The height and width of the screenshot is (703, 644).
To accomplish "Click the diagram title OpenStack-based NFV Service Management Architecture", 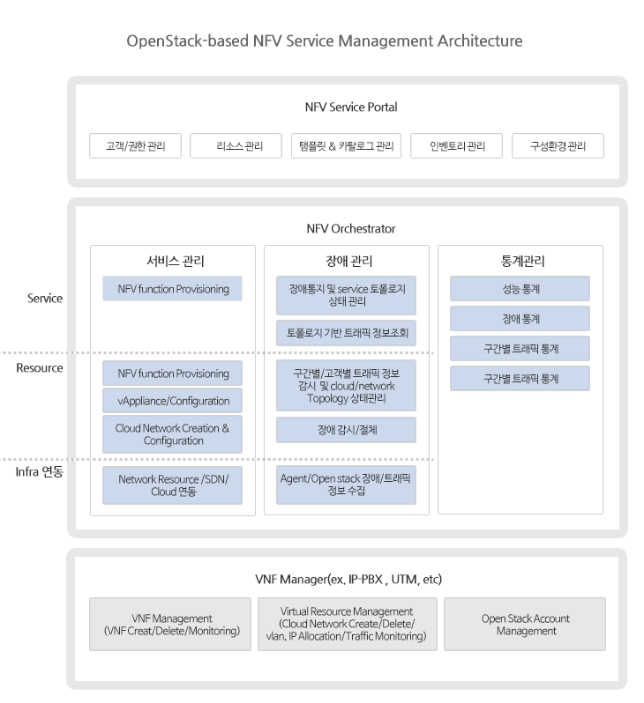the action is [325, 41].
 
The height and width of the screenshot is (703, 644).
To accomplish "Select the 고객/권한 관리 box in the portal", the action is [135, 145].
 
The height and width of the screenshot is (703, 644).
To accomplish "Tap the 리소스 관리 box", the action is [236, 145].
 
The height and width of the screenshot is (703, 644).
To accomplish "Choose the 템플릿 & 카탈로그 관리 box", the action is [346, 145].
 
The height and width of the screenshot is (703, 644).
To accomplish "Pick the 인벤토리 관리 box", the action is [456, 145].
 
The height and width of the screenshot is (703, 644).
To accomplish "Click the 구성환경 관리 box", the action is [558, 145].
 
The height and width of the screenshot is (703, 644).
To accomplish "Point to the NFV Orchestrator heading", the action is [351, 229].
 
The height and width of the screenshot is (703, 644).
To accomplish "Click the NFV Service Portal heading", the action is [351, 107].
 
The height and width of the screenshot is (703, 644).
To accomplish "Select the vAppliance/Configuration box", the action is [172, 400].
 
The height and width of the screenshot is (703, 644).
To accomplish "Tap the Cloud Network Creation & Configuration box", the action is [172, 434].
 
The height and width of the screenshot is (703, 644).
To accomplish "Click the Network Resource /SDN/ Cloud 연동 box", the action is [172, 485].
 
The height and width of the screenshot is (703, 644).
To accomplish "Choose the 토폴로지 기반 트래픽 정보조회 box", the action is [346, 333].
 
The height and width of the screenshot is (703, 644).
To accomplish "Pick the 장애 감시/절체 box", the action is [346, 430].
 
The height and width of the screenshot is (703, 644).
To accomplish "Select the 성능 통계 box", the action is [520, 289].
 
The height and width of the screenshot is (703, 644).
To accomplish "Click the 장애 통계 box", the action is [520, 319].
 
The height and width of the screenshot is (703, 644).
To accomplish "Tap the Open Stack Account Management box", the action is [525, 624].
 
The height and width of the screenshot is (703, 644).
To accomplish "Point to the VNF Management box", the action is [170, 624].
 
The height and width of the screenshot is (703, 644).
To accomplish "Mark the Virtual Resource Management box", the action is [348, 624].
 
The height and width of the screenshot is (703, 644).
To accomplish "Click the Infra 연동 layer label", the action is [40, 471].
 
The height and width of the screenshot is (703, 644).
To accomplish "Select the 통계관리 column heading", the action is [523, 261].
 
